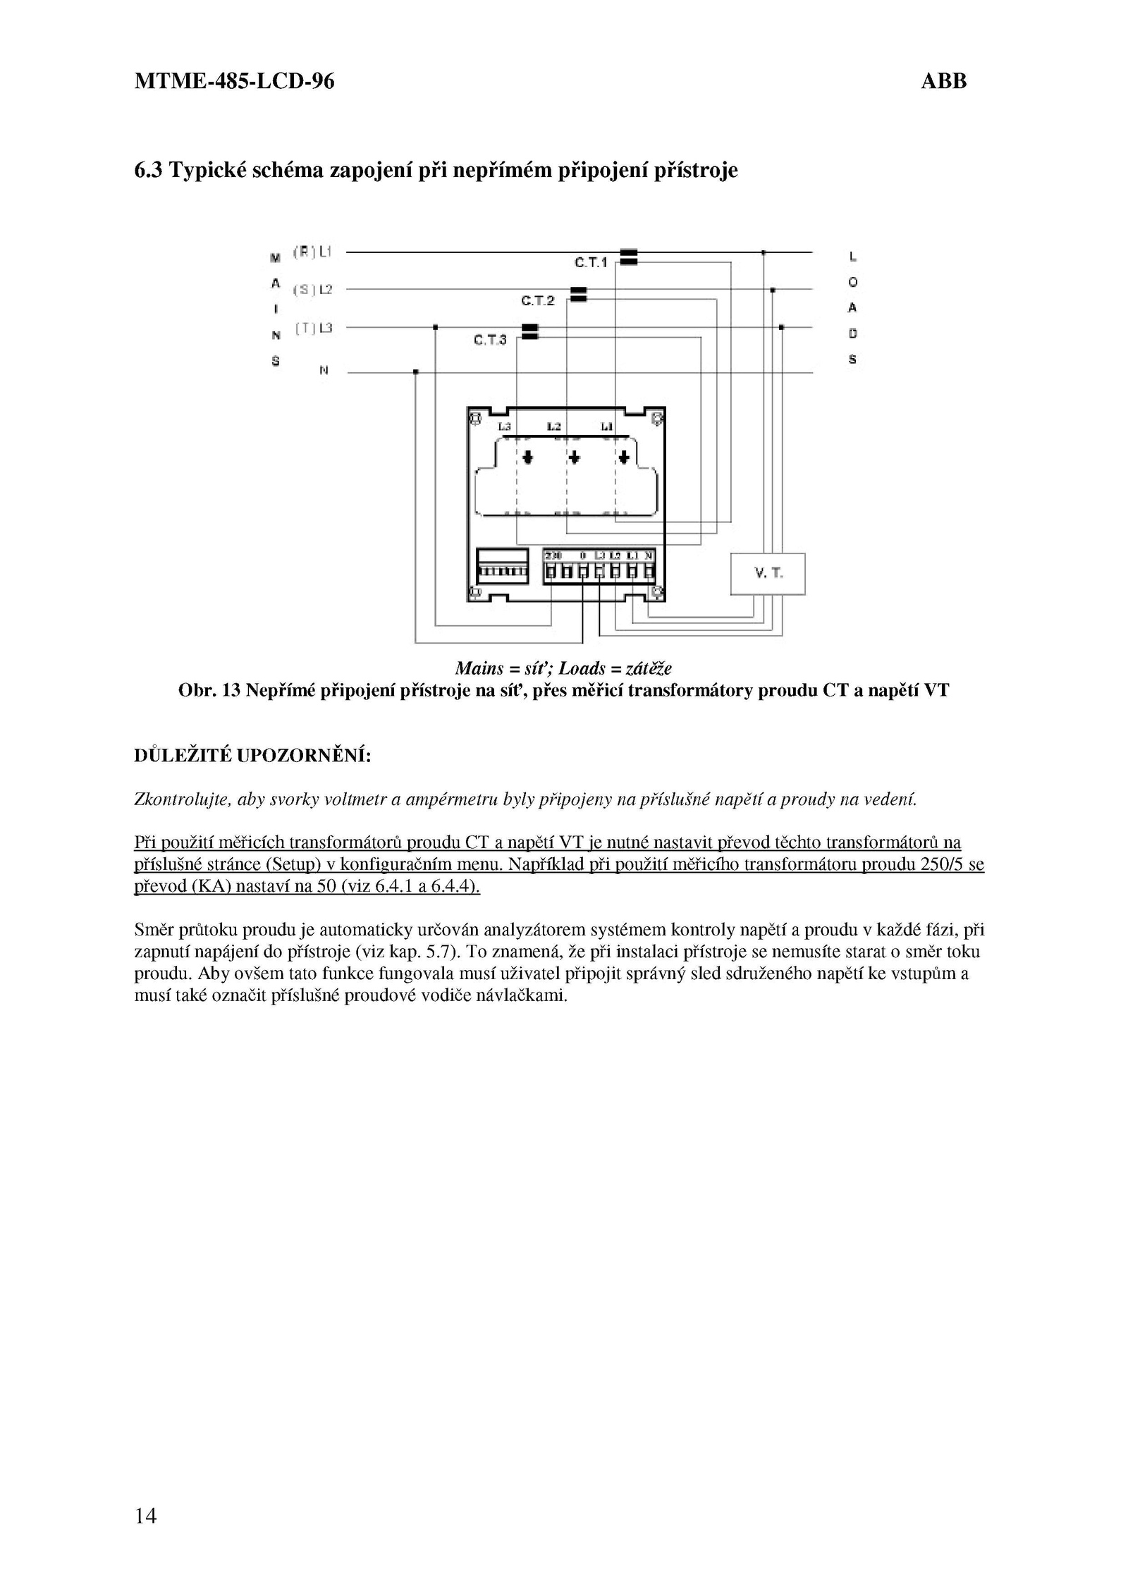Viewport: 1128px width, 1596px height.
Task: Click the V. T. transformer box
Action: pyautogui.click(x=768, y=574)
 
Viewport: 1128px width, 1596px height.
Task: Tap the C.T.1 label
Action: pyautogui.click(x=590, y=263)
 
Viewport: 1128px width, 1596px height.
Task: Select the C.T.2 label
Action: pyautogui.click(x=538, y=301)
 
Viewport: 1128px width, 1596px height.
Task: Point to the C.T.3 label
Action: pyautogui.click(x=490, y=340)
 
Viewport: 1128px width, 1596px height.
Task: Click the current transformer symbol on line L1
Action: pyautogui.click(x=629, y=257)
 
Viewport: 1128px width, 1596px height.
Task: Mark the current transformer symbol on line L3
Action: pyautogui.click(x=529, y=332)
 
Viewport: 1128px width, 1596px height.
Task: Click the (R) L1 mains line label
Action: pyautogui.click(x=313, y=252)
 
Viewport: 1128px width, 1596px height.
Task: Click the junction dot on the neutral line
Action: pyautogui.click(x=416, y=372)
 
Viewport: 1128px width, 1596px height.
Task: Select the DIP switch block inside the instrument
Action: pyautogui.click(x=502, y=566)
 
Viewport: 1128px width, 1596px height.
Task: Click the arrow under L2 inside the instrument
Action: pyautogui.click(x=575, y=458)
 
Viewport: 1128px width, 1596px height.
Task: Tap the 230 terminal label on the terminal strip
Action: pyautogui.click(x=553, y=555)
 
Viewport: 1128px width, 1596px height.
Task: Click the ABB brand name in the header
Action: pyautogui.click(x=943, y=82)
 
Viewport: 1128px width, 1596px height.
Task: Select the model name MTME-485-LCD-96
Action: pyautogui.click(x=234, y=82)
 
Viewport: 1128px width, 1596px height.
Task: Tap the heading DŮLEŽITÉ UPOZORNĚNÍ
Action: pyautogui.click(x=252, y=756)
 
